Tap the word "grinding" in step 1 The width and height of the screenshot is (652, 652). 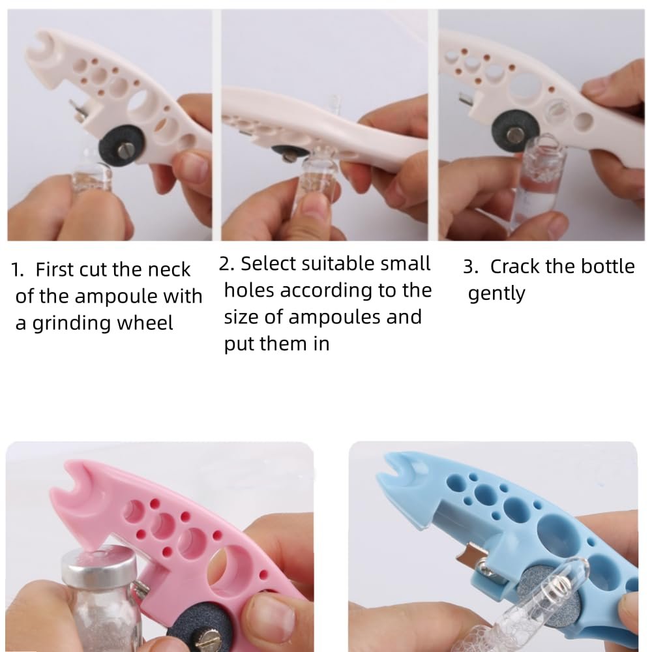71,323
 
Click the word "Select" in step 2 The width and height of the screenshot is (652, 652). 266,263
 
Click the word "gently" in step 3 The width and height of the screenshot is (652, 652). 496,294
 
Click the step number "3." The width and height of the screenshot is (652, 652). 471,267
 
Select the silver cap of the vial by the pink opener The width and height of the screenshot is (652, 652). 99,562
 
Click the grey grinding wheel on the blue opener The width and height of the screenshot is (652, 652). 541,594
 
